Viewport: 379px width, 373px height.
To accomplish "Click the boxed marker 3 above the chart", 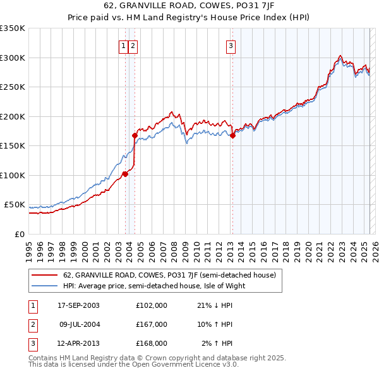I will pyautogui.click(x=231, y=45).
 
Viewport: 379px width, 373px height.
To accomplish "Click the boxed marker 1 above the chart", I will pyautogui.click(x=124, y=45).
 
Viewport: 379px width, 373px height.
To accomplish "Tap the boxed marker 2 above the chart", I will pyautogui.click(x=134, y=45).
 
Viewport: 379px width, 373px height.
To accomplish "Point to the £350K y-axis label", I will pyautogui.click(x=13, y=28).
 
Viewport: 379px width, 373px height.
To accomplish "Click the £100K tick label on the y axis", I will pyautogui.click(x=13, y=175).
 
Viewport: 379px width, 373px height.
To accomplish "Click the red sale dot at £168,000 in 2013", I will pyautogui.click(x=232, y=135).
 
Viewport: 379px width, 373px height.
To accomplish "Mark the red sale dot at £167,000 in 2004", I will pyautogui.click(x=135, y=135).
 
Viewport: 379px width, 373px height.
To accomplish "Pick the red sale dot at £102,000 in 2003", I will pyautogui.click(x=125, y=174).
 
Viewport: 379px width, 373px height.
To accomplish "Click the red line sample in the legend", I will pyautogui.click(x=44, y=276).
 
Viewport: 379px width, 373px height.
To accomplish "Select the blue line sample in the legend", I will pyautogui.click(x=44, y=286).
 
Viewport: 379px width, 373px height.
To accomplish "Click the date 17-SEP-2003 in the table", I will pyautogui.click(x=78, y=305).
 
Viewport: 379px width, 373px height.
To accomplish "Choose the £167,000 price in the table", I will pyautogui.click(x=152, y=324).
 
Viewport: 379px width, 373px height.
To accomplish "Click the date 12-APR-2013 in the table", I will pyautogui.click(x=78, y=343).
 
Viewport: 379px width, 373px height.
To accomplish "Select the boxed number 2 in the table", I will pyautogui.click(x=32, y=324).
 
